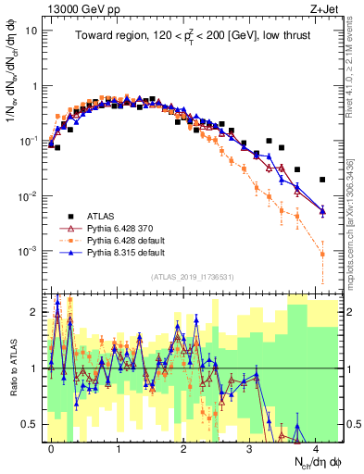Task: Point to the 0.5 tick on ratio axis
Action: [x=34, y=424]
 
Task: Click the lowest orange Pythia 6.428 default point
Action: [x=322, y=254]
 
